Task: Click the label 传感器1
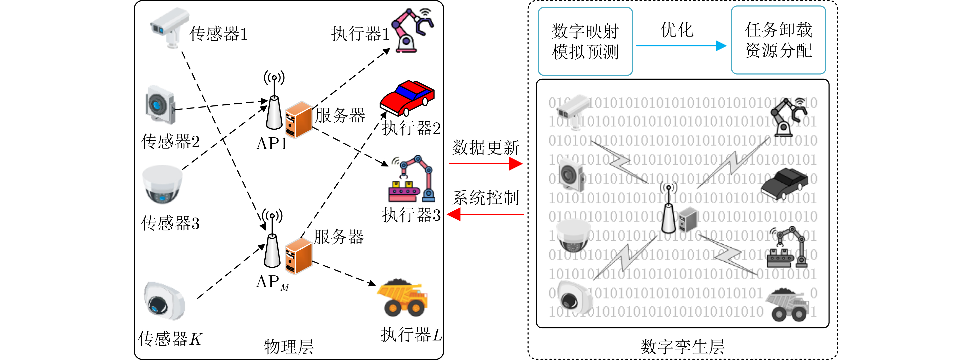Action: point(218,34)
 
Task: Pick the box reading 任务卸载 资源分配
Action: point(778,40)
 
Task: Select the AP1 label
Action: point(271,143)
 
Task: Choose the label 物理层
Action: point(289,346)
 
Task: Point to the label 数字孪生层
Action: point(682,346)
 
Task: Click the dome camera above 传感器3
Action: point(162,184)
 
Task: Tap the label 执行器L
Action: point(411,334)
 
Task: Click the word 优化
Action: point(677,30)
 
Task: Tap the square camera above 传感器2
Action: point(161,105)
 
